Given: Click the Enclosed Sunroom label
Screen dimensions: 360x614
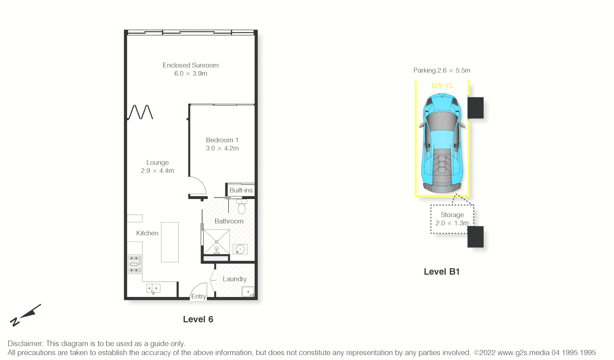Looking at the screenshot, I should pos(190,65).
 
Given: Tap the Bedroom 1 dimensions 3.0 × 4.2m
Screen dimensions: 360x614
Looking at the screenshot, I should pos(222,148).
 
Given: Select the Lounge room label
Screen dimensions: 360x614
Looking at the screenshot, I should pos(157,163).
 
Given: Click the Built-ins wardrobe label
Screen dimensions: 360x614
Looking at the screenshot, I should pos(241,190).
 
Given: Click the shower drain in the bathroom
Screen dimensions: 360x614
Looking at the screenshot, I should pos(217,242).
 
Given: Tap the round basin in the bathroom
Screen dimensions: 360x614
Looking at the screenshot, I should pos(240,249).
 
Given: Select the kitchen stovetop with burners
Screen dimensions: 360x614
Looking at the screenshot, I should pos(135,264).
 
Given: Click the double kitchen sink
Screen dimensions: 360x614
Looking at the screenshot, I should pos(153,288).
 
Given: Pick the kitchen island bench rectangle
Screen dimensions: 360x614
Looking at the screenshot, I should pos(170,242).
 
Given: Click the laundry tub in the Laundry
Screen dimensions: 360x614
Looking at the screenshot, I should pos(248,292).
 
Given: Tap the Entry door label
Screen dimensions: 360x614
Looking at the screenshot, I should pos(198,296).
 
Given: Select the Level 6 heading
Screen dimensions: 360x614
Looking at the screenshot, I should pos(198,319).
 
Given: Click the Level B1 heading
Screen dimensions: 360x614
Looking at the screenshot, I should pos(442,272).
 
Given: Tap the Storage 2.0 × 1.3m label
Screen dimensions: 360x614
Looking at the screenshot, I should pos(452,219).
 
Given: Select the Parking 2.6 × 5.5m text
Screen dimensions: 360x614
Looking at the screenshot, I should pos(442,70).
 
